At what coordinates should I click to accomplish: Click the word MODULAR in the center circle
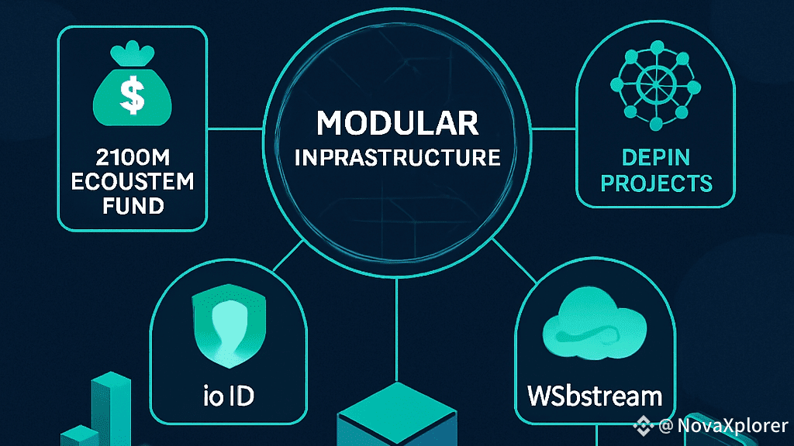tap(397, 125)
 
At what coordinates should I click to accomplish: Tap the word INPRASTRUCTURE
tap(397, 158)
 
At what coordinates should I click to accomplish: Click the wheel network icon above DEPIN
tap(655, 91)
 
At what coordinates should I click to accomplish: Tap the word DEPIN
tap(655, 157)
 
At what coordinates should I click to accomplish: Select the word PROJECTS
tap(656, 184)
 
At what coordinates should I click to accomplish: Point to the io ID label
tap(224, 397)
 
